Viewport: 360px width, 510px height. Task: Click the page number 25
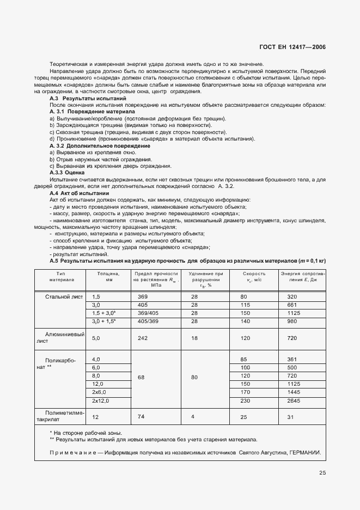point(322,473)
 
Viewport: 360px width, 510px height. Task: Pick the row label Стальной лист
point(66,296)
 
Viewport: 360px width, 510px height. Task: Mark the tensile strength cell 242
point(143,338)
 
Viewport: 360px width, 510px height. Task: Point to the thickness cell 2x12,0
point(101,401)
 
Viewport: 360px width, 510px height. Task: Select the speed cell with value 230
point(243,401)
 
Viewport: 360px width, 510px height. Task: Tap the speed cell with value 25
point(243,417)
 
